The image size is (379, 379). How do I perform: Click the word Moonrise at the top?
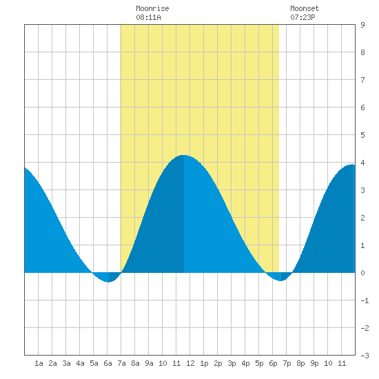click(x=152, y=8)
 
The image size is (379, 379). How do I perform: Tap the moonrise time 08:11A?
click(x=148, y=17)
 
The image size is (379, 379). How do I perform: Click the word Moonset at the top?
click(x=305, y=8)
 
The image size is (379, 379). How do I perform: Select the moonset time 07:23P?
click(x=303, y=17)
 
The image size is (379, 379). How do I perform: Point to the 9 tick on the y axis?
click(x=362, y=25)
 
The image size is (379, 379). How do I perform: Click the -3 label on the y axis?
click(x=365, y=356)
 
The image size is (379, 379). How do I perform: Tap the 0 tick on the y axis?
click(x=362, y=273)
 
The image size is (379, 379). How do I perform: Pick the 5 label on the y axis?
click(x=362, y=135)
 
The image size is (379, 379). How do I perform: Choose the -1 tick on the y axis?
click(x=365, y=300)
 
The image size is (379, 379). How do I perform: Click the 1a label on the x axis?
click(x=39, y=363)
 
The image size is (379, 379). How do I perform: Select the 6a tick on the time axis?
click(x=107, y=363)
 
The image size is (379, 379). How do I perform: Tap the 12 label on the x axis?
click(x=190, y=363)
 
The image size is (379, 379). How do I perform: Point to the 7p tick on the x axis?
click(x=287, y=363)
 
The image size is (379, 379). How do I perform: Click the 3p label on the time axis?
click(x=232, y=363)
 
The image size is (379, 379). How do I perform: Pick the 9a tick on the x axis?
click(x=149, y=363)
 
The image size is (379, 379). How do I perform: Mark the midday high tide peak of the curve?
click(x=184, y=155)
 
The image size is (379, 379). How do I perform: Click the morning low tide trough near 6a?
click(x=108, y=282)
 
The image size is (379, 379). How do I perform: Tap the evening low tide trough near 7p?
click(x=280, y=281)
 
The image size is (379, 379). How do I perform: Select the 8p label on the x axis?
click(x=300, y=363)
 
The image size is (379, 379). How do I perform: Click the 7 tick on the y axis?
click(x=362, y=80)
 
